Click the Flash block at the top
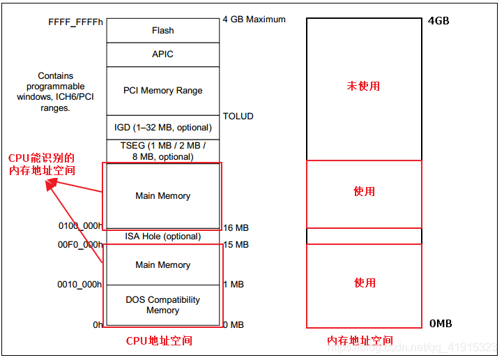[x=162, y=31]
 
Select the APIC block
[x=162, y=54]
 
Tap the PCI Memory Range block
[x=162, y=91]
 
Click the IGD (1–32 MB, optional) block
[x=162, y=128]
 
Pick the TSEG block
[x=162, y=151]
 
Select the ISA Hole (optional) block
[x=162, y=237]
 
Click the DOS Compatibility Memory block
[x=162, y=305]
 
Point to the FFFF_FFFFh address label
[x=75, y=22]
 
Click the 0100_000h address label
[x=80, y=227]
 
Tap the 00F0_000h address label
[x=80, y=244]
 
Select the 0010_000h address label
[x=80, y=285]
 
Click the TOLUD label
[x=238, y=117]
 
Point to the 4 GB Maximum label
[x=254, y=20]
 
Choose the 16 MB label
[x=235, y=228]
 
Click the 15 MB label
[x=235, y=245]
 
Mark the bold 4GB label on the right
[x=438, y=21]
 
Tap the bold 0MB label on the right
[x=441, y=324]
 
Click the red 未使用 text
[x=363, y=87]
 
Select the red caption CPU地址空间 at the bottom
[x=159, y=341]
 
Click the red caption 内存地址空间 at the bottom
[x=360, y=341]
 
